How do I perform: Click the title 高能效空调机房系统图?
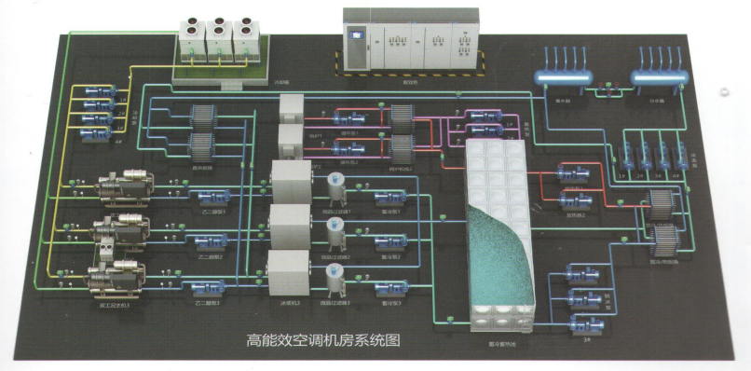(x=322, y=341)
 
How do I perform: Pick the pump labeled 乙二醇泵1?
(x=205, y=195)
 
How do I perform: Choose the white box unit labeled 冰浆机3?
(x=288, y=270)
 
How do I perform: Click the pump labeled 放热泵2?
(x=575, y=199)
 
